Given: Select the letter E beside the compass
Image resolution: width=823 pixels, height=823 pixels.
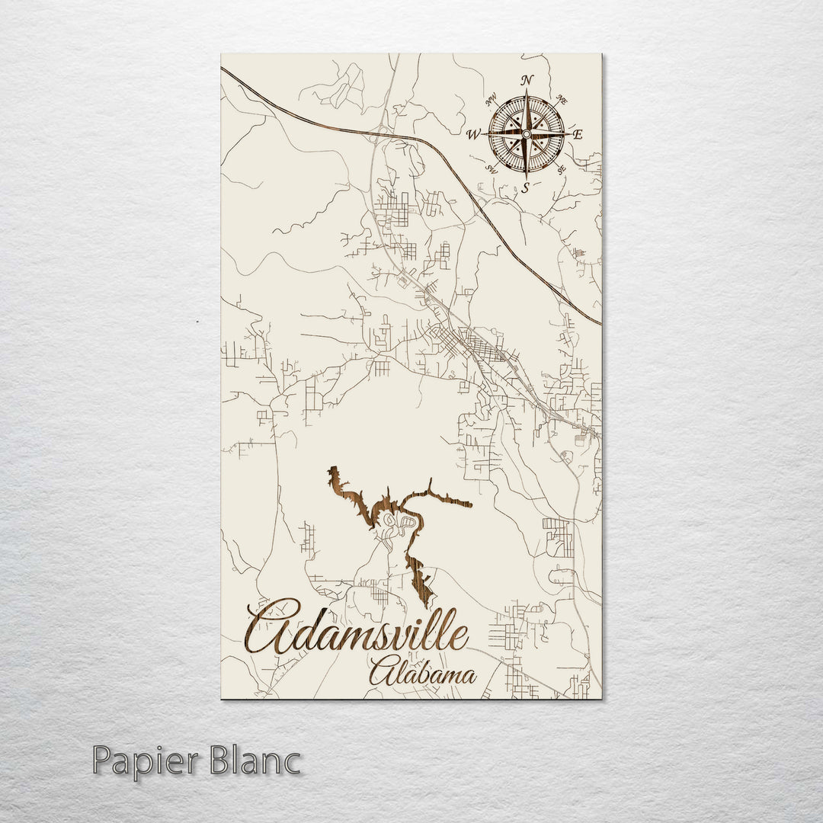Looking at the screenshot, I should (577, 135).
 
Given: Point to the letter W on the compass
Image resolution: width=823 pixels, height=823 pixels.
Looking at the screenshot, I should (473, 136).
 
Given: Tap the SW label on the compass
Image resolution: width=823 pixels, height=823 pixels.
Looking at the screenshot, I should (492, 170).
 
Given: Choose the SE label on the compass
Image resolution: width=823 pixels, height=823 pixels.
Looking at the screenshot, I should (562, 170).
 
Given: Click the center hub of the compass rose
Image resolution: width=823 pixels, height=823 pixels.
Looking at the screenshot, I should (527, 135).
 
